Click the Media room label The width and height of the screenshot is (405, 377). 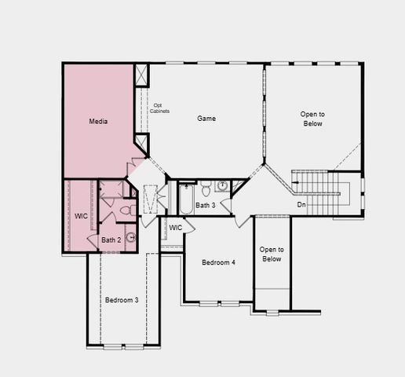[x=98, y=122]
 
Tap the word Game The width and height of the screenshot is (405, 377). [x=206, y=119]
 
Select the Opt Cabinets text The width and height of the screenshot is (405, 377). [x=160, y=108]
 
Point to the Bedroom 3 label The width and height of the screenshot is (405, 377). [x=122, y=300]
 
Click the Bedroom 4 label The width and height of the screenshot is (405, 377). [x=218, y=262]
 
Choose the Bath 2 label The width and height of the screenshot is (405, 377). [x=111, y=240]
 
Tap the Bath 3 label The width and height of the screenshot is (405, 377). [x=206, y=205]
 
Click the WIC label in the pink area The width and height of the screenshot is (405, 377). [x=82, y=216]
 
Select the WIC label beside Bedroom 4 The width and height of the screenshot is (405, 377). [x=176, y=228]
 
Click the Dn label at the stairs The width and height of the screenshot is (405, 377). [x=301, y=205]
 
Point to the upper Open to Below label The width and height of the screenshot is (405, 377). [x=312, y=119]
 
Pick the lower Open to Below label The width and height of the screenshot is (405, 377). [x=272, y=254]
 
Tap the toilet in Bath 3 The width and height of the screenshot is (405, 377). [x=206, y=188]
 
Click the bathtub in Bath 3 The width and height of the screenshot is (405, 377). [x=187, y=199]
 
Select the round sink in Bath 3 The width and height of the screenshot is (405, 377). [x=223, y=187]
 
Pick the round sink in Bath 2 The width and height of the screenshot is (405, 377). [x=130, y=236]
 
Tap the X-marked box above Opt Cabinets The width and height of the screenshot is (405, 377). [x=141, y=75]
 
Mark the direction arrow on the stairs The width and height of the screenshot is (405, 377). [x=297, y=186]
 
